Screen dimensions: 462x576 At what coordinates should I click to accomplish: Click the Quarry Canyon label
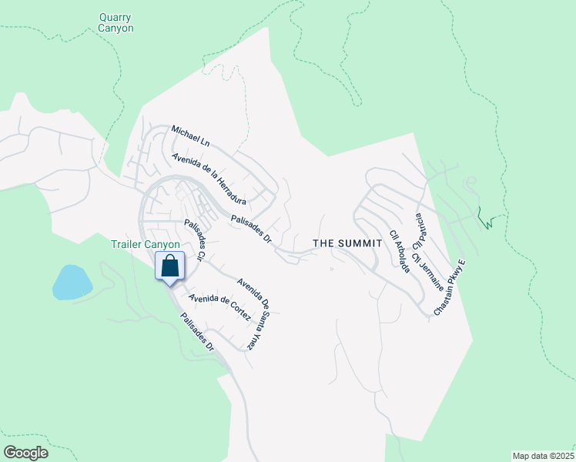pos(116,22)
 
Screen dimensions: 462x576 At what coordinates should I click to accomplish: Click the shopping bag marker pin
pos(170,266)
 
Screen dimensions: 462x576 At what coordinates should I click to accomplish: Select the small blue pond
pos(72,282)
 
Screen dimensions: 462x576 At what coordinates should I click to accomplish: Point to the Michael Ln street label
pos(190,136)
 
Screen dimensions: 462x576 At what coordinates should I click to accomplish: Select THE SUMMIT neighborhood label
pos(347,243)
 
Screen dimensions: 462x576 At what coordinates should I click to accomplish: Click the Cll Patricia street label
pos(420,229)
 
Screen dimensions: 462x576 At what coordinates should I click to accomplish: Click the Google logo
pos(25,452)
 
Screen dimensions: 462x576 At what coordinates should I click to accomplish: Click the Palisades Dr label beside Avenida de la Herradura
pos(252,229)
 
